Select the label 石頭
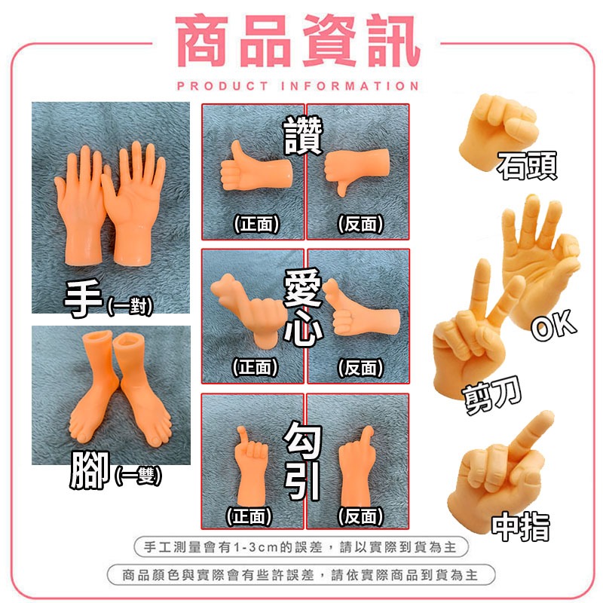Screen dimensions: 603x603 tap(528, 166)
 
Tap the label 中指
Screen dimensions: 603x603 tap(520, 526)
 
